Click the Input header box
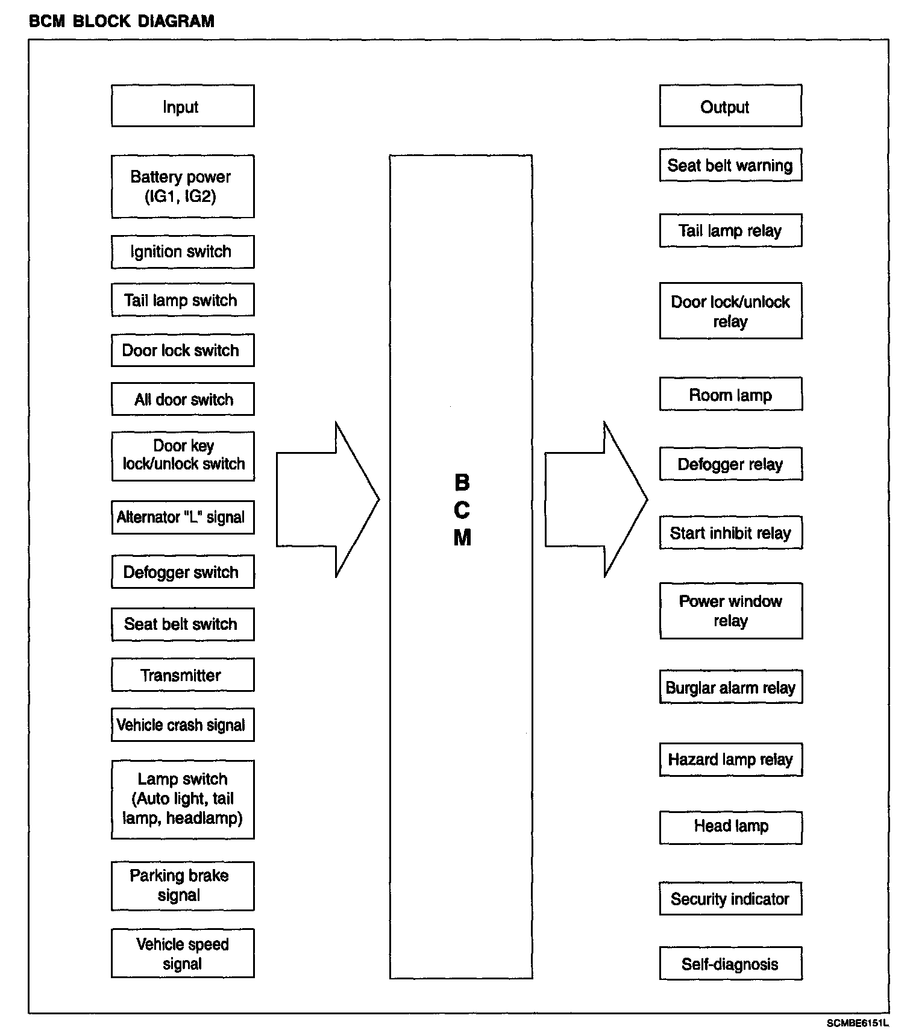click(x=183, y=106)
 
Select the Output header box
click(x=730, y=106)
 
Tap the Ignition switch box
click(x=183, y=252)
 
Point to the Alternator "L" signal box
click(x=183, y=517)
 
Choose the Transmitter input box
click(x=183, y=675)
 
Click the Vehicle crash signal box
click(x=183, y=724)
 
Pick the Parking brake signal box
click(x=183, y=885)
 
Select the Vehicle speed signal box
click(x=183, y=953)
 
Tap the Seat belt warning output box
click(x=730, y=165)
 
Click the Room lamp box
click(x=730, y=395)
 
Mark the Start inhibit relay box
click(x=730, y=533)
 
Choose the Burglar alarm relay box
click(x=730, y=687)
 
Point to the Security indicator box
click(x=730, y=899)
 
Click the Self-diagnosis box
click(x=730, y=964)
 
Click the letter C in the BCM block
click(x=462, y=510)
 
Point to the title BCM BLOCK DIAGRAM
click(x=122, y=22)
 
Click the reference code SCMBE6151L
click(x=858, y=1023)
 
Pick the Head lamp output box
click(x=730, y=826)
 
